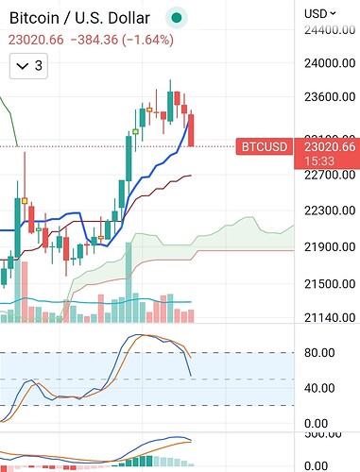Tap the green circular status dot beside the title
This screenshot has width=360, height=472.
177,17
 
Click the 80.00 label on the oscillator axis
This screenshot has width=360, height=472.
319,353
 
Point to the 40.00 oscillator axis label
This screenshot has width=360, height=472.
319,388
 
